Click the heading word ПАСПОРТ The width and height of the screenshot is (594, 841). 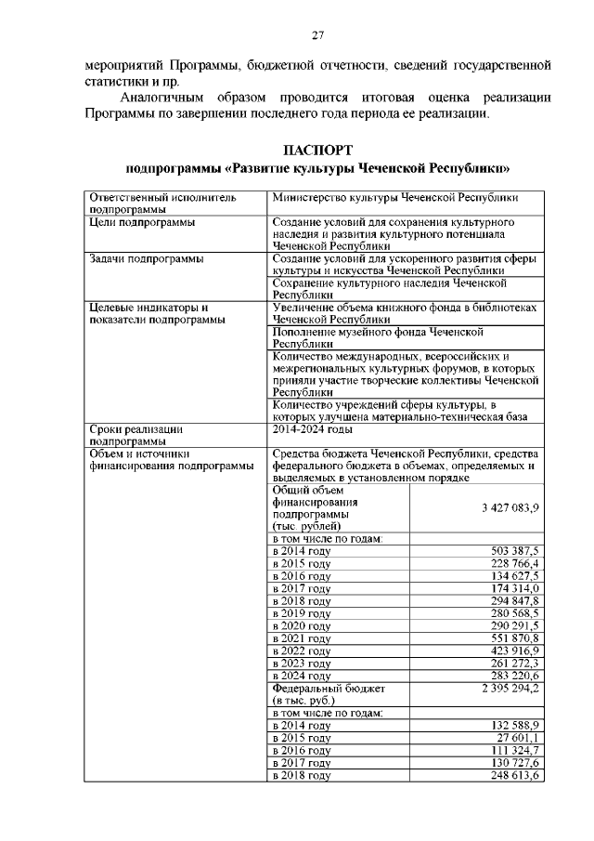(x=316, y=150)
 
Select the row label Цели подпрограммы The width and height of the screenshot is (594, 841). (x=141, y=223)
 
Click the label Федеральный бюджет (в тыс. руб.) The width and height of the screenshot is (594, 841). (x=328, y=694)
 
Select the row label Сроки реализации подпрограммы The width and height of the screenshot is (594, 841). (x=136, y=436)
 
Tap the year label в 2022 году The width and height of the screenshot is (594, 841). (x=302, y=651)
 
